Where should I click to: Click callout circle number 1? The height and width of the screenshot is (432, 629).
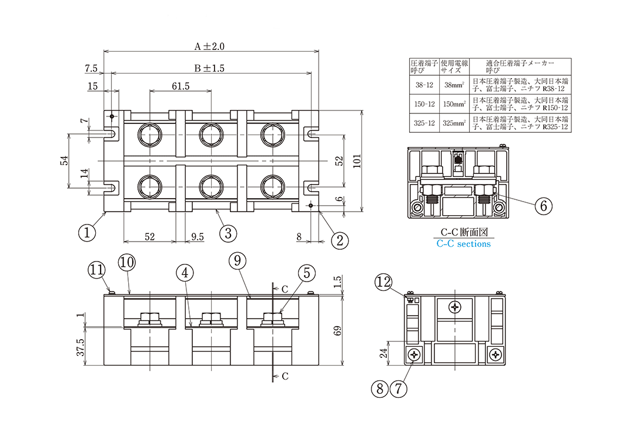tap(87, 232)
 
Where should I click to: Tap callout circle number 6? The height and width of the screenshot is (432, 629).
tap(544, 205)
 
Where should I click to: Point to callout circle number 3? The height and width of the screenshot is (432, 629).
tap(228, 232)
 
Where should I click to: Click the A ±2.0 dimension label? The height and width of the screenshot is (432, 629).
tap(210, 46)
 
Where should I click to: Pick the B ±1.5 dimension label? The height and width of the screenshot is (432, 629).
tap(209, 68)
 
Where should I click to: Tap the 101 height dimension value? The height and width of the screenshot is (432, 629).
tap(357, 162)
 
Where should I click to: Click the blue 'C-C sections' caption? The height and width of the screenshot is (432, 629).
tap(464, 243)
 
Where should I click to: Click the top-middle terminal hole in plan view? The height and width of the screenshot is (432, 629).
tap(210, 135)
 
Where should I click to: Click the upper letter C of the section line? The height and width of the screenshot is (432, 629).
tap(285, 289)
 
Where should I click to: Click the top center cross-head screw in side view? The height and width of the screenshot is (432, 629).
tap(456, 306)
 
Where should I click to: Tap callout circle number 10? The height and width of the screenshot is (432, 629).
tap(127, 262)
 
